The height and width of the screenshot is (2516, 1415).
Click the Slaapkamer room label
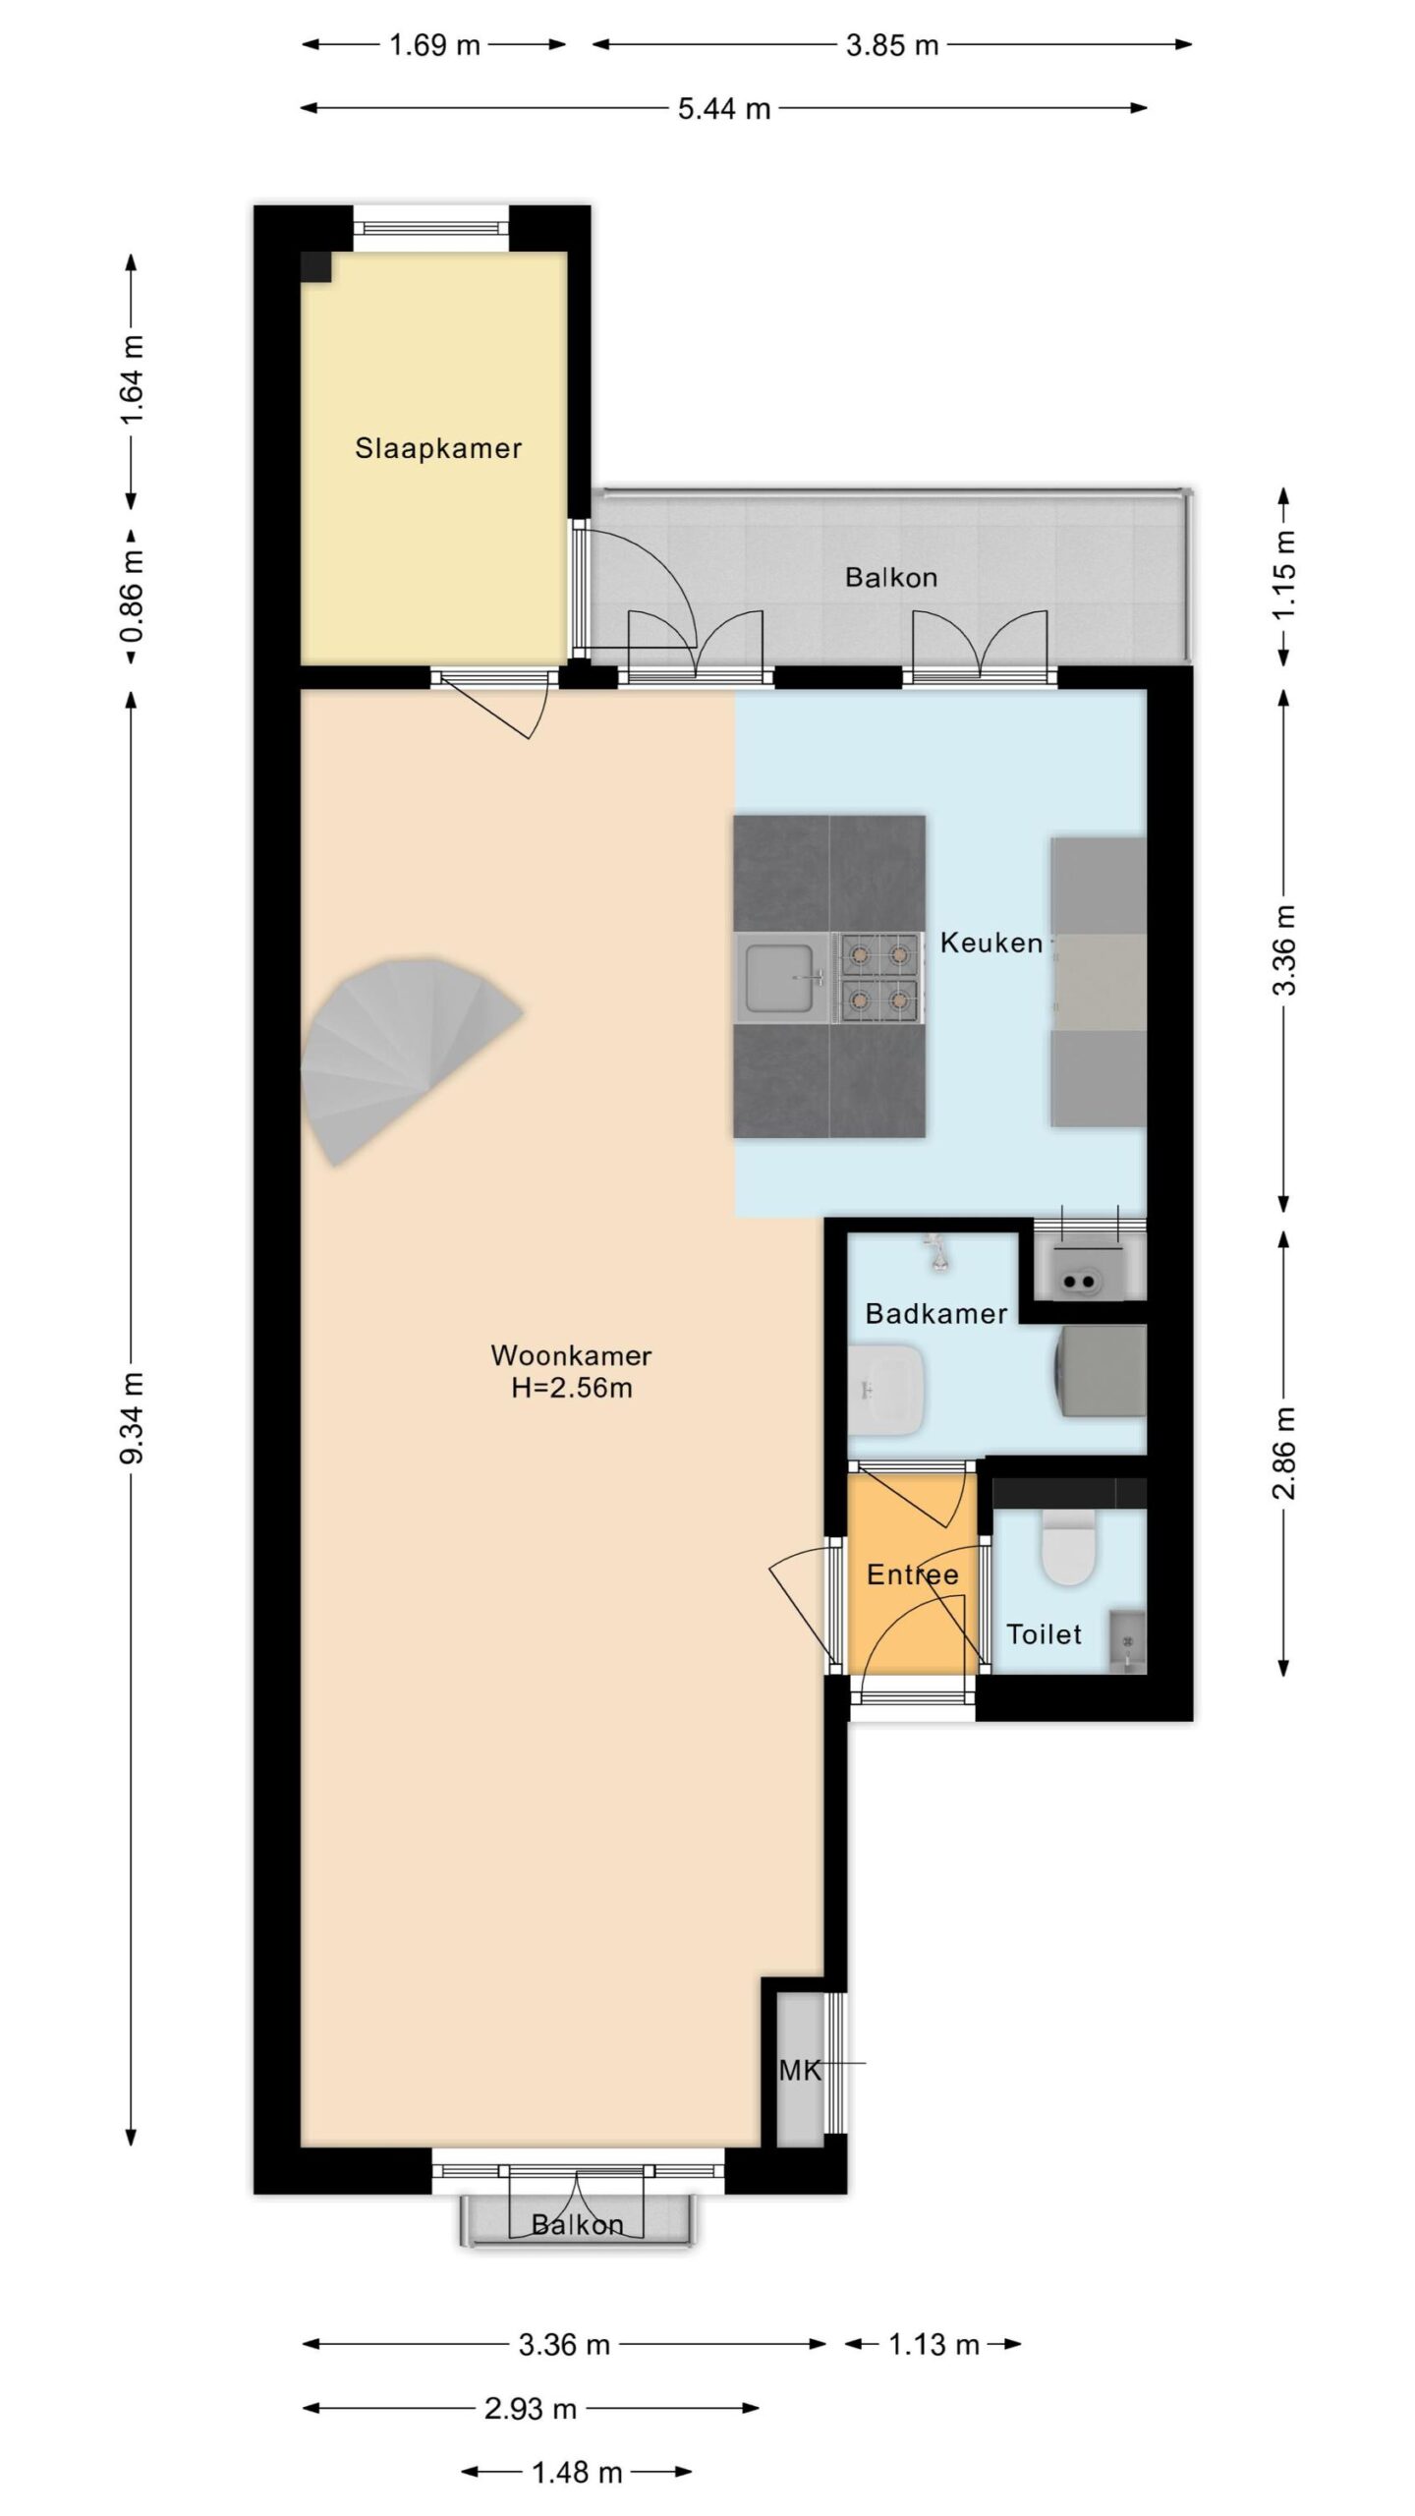(x=438, y=449)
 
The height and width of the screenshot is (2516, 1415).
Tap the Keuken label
(x=991, y=943)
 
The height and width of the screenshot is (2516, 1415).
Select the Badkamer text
(x=936, y=1314)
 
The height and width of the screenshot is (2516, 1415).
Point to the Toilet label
(x=1044, y=1634)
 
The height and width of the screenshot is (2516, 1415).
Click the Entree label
(x=912, y=1574)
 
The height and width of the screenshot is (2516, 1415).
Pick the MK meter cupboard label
(x=799, y=2071)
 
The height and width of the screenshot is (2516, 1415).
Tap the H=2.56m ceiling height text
(x=571, y=1389)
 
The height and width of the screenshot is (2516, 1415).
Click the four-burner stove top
(x=878, y=978)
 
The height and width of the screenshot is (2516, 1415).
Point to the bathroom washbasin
(x=885, y=1389)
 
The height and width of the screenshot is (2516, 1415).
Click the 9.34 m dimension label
(x=132, y=1418)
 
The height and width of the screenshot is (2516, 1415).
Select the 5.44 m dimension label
(x=724, y=108)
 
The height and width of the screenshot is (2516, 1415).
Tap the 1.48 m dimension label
(x=577, y=2472)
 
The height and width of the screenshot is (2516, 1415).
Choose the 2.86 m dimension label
(x=1284, y=1453)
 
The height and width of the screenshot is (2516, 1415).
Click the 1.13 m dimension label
(x=934, y=2345)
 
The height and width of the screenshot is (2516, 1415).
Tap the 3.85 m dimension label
(x=892, y=45)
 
